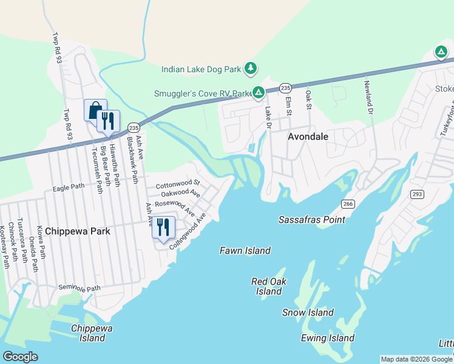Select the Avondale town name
point(308,136)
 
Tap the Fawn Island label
point(245,251)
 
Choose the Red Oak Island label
point(269,286)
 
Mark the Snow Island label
point(308,312)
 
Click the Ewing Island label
point(327,338)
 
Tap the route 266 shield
point(347,204)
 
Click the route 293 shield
point(417,194)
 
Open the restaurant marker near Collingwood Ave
point(163,227)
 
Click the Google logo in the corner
point(21,356)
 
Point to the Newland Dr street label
point(368,97)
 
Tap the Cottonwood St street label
point(177,183)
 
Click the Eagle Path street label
point(68,187)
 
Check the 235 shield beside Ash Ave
point(134,127)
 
